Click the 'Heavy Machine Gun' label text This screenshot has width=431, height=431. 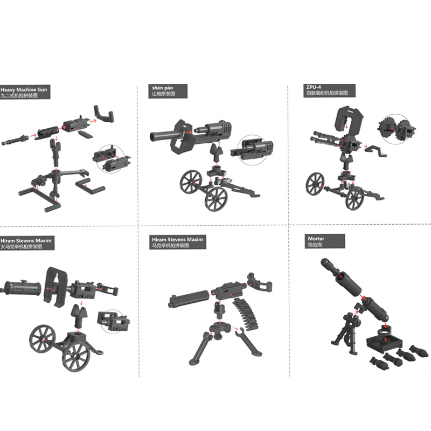coord(24,89)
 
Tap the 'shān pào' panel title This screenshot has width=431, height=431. coord(163,88)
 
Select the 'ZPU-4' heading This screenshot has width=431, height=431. coord(314,87)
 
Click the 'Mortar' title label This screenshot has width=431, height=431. coord(316,239)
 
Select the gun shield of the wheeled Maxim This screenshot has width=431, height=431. coord(55,287)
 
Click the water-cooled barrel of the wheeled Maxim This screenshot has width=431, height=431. coord(20,288)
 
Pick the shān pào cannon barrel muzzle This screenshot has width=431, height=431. coord(154,136)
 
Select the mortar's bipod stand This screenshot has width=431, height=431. coord(346,332)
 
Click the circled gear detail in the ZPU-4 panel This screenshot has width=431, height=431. coord(396,129)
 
